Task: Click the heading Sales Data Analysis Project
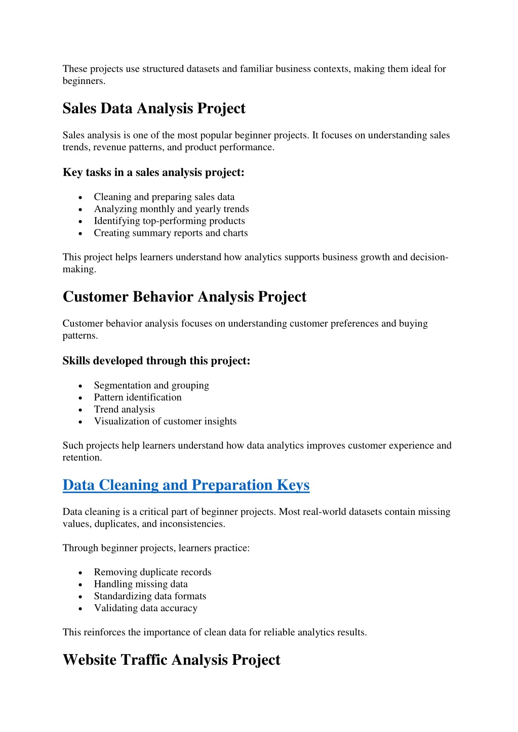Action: (154, 108)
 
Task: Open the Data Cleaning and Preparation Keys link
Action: (186, 485)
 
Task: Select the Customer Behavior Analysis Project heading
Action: (184, 296)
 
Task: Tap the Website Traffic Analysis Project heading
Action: (171, 660)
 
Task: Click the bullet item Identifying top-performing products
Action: (169, 221)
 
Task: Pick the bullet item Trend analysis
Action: (124, 409)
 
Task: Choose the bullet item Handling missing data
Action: (141, 584)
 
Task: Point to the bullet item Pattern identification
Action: (138, 398)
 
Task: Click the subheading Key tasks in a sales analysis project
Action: (153, 173)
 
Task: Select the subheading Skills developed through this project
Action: (156, 361)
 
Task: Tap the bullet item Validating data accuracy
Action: (145, 608)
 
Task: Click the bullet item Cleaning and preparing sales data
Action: (164, 197)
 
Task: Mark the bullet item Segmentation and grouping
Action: (151, 385)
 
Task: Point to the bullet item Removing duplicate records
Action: (152, 572)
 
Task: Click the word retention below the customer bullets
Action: (82, 458)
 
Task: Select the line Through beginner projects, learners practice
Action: (156, 548)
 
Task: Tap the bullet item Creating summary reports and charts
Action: (171, 233)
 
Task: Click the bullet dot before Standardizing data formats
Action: (81, 597)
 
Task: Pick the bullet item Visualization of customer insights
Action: (165, 421)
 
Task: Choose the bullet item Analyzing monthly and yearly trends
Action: (171, 209)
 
